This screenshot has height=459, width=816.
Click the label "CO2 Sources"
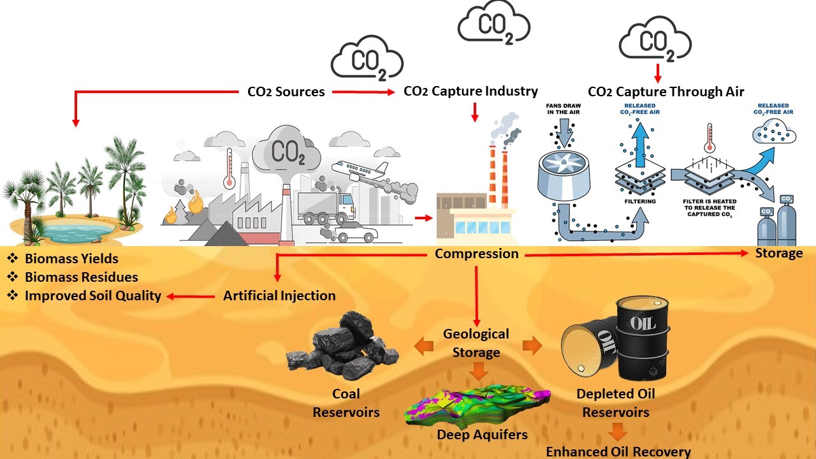286,92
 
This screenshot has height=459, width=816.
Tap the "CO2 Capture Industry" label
470,91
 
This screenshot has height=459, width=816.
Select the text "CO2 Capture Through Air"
666,92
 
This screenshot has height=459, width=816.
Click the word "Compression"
476,254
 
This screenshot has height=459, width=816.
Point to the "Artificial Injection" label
279,296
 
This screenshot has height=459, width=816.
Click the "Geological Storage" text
476,343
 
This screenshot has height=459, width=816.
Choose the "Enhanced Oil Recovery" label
618,452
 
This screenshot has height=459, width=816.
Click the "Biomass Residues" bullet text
81,277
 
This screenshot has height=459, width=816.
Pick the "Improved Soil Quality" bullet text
92,296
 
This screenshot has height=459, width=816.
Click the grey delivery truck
325,207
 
